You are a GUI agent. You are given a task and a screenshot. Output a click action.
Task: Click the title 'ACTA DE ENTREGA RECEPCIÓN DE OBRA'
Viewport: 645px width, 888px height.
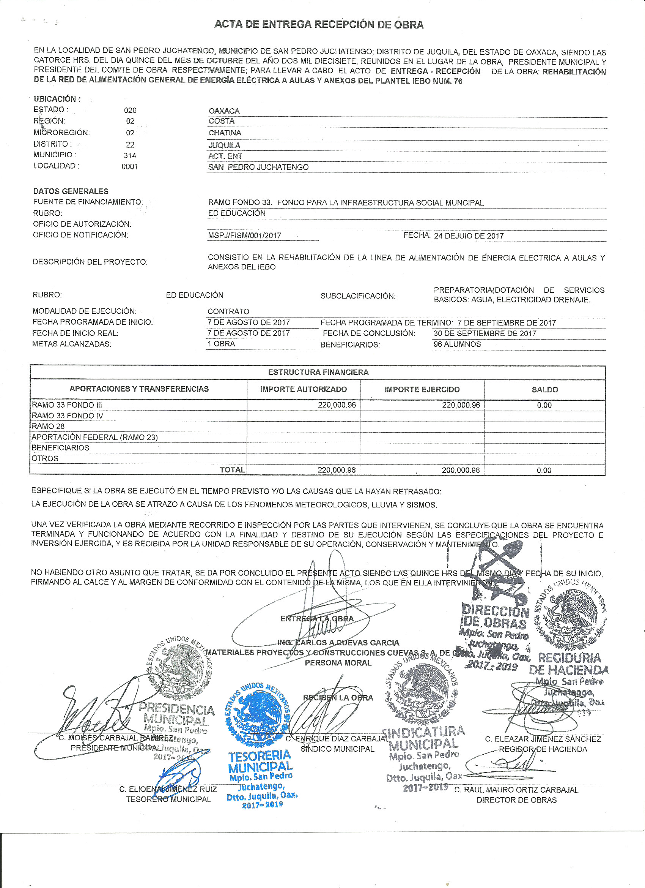click(319, 25)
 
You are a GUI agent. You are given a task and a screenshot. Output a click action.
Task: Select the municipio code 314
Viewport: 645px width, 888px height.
click(130, 155)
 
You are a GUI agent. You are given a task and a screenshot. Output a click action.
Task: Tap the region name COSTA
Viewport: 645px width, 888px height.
click(222, 122)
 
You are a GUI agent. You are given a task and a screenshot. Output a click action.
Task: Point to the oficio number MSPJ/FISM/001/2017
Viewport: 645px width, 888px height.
click(244, 236)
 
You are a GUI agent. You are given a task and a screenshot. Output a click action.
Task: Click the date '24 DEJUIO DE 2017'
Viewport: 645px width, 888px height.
click(469, 236)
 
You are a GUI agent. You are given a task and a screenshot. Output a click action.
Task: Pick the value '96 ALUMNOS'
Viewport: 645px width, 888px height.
click(457, 344)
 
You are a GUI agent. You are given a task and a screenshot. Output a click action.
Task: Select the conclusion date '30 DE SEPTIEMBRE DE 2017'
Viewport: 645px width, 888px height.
click(485, 333)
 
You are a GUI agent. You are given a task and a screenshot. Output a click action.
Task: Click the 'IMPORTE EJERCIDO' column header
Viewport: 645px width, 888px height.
click(422, 390)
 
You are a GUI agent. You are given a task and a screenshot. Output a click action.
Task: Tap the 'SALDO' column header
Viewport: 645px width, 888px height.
click(544, 390)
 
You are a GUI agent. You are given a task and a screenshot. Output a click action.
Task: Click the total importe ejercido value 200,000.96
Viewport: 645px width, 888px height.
click(460, 470)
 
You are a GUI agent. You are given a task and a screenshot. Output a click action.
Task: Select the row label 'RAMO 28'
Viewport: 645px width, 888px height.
click(48, 427)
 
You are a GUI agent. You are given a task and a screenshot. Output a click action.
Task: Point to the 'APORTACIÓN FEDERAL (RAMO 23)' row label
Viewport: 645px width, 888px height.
click(94, 437)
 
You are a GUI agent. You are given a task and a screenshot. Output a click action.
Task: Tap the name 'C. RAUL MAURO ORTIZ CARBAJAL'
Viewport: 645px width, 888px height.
click(516, 790)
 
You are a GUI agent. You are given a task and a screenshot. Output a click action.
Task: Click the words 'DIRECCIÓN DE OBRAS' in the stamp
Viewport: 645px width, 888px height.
click(495, 617)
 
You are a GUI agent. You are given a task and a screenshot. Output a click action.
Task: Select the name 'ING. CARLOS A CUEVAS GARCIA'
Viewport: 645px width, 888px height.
click(338, 643)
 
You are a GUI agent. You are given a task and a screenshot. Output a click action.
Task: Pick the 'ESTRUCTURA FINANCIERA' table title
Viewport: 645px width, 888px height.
click(318, 372)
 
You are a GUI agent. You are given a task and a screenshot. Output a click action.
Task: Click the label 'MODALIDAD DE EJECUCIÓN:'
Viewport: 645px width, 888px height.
click(85, 311)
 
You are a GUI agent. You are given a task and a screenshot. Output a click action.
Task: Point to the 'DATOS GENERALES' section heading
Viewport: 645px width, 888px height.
click(71, 191)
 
